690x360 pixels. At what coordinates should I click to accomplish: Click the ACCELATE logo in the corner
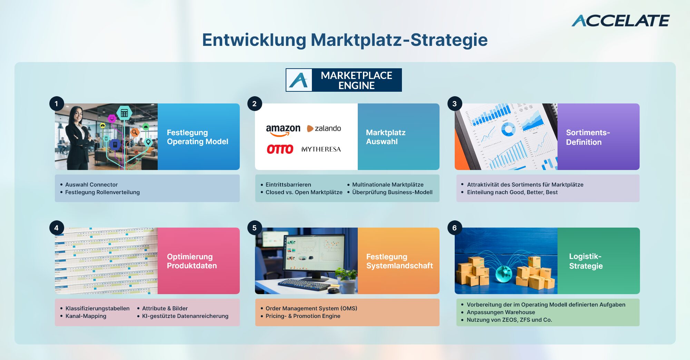click(x=620, y=21)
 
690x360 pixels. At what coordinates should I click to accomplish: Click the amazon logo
click(x=283, y=130)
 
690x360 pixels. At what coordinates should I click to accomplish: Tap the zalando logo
click(x=324, y=128)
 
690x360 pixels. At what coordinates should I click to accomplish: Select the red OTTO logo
click(x=280, y=149)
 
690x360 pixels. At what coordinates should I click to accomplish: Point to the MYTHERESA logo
click(x=321, y=149)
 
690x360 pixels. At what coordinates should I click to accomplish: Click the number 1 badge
click(x=57, y=103)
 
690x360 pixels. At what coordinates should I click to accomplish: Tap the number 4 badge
click(x=57, y=228)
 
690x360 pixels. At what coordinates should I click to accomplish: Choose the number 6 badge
click(x=454, y=228)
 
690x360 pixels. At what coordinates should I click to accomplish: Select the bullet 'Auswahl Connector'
click(x=91, y=184)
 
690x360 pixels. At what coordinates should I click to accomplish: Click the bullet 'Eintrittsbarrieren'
click(x=288, y=184)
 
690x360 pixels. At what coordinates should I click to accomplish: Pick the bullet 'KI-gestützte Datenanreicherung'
click(x=185, y=316)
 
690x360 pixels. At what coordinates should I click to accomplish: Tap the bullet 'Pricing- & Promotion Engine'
click(x=303, y=316)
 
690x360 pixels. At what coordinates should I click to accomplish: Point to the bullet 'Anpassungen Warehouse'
click(x=501, y=312)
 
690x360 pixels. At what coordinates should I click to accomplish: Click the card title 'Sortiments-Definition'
click(x=588, y=137)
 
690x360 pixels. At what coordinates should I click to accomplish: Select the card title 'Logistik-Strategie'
click(x=586, y=261)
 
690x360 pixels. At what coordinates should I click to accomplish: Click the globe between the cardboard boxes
click(x=504, y=274)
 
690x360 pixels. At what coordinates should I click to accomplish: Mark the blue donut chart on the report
click(x=508, y=130)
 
